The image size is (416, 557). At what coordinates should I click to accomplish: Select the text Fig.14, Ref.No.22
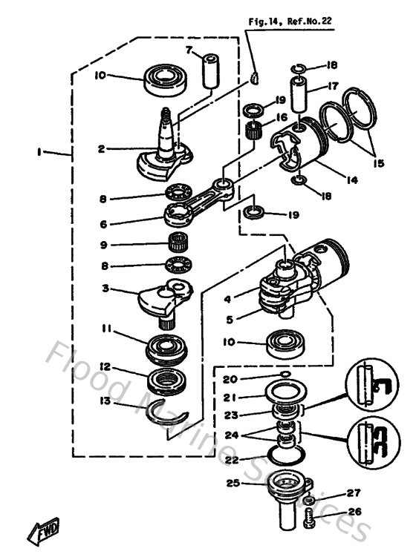289,22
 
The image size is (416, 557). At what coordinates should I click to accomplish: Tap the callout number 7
189,50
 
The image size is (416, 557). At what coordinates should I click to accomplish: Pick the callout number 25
233,483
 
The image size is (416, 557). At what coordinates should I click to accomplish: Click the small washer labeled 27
308,501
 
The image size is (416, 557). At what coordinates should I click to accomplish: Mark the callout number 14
328,179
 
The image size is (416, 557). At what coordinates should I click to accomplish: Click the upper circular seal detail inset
367,386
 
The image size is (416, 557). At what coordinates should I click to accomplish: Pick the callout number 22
233,459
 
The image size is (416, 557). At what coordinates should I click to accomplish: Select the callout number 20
233,379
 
